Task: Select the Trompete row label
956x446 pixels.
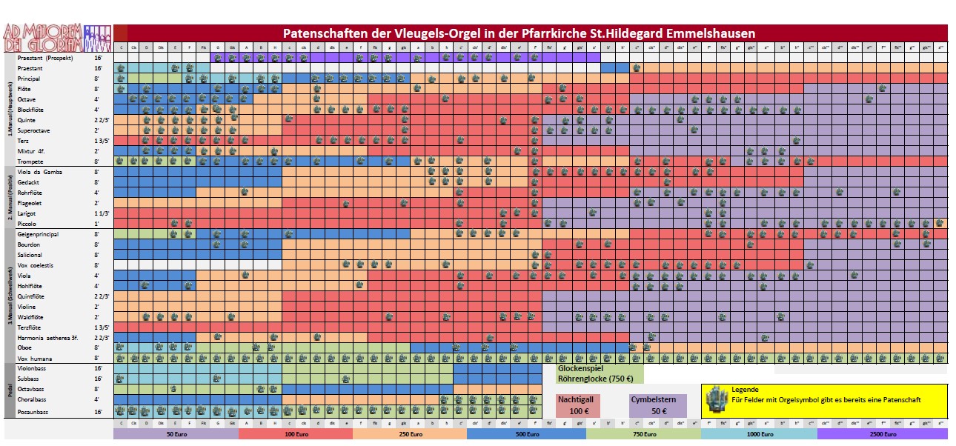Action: point(33,161)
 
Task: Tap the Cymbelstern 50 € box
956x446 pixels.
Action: point(653,405)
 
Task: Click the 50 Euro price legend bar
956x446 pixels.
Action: point(176,435)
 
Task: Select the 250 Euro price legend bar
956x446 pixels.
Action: point(410,435)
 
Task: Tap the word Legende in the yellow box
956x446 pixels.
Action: point(745,389)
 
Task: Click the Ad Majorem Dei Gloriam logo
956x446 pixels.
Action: point(56,36)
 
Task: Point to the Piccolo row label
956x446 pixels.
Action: point(29,224)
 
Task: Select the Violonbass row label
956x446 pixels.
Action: point(33,367)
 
